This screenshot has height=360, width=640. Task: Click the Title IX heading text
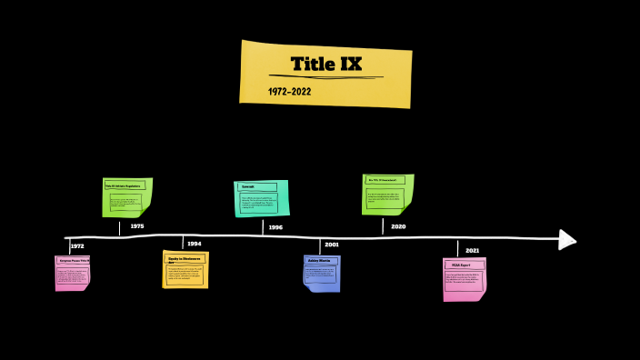pos(325,64)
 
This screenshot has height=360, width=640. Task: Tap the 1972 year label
pos(77,246)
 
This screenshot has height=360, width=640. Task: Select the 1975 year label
pos(136,225)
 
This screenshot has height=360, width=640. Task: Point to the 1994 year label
pos(195,244)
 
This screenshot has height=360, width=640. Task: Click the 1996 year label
pos(275,227)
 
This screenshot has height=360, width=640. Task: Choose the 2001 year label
pos(332,245)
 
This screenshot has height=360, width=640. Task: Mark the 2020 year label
pos(398,226)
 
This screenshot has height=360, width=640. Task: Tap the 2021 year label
pos(473,250)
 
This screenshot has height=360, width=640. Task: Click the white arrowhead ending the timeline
pos(567,239)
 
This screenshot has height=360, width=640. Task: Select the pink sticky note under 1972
pos(73,273)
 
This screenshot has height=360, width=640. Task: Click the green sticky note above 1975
pos(126,197)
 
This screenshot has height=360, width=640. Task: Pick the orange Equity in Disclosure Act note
pos(185,269)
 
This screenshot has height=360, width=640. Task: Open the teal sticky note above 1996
pos(261,198)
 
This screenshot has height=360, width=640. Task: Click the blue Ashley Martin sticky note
pos(321,273)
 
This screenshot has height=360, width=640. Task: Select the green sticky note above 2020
pos(387,194)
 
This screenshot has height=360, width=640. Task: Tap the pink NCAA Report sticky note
pos(465,279)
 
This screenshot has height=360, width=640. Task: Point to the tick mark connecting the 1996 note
pos(263,227)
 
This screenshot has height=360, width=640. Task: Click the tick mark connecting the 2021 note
pos(457,248)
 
